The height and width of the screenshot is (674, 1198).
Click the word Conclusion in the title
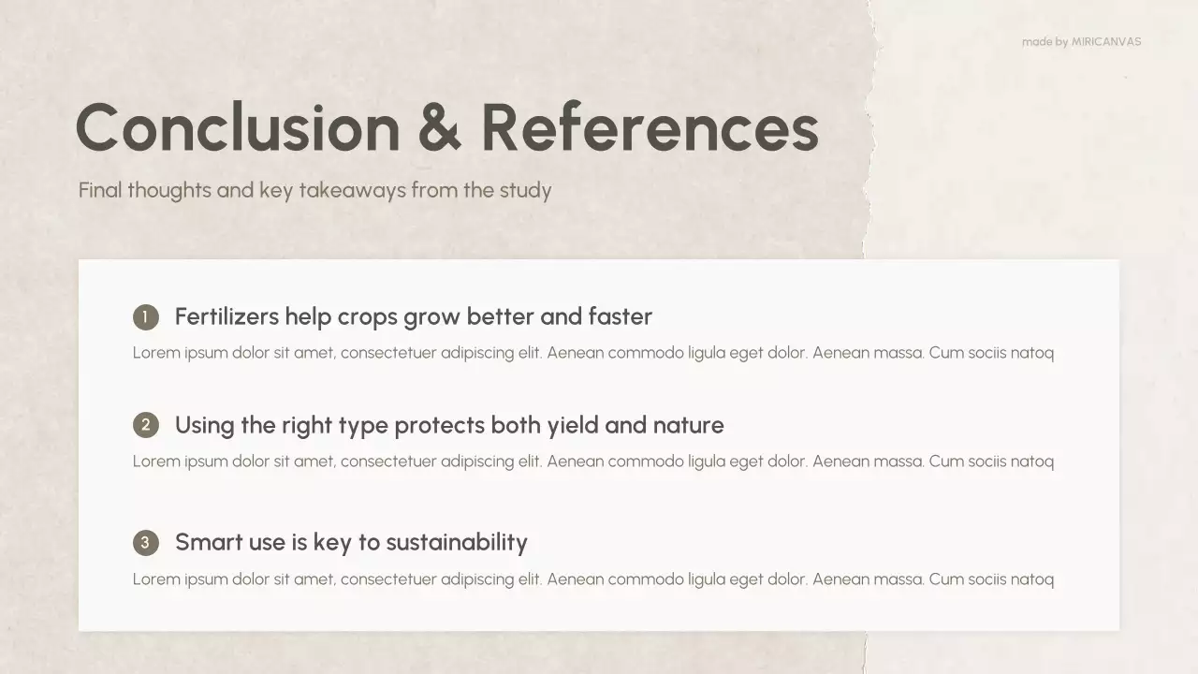pyautogui.click(x=238, y=127)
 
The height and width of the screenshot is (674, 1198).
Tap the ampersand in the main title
pyautogui.click(x=439, y=127)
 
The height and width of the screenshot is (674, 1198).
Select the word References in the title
pyautogui.click(x=650, y=127)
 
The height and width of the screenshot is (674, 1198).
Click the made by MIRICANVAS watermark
pyautogui.click(x=1081, y=41)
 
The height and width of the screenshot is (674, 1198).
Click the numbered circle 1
pyautogui.click(x=146, y=317)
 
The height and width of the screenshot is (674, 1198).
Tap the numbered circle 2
pyautogui.click(x=146, y=426)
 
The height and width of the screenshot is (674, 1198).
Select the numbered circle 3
pyautogui.click(x=146, y=543)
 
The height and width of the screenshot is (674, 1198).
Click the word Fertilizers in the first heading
pyautogui.click(x=226, y=316)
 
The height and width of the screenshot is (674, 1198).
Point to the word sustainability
pyautogui.click(x=457, y=543)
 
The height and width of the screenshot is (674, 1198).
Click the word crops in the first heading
pyautogui.click(x=368, y=317)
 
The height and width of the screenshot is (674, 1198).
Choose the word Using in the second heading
pyautogui.click(x=204, y=426)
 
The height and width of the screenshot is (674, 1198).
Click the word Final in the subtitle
pyautogui.click(x=100, y=190)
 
